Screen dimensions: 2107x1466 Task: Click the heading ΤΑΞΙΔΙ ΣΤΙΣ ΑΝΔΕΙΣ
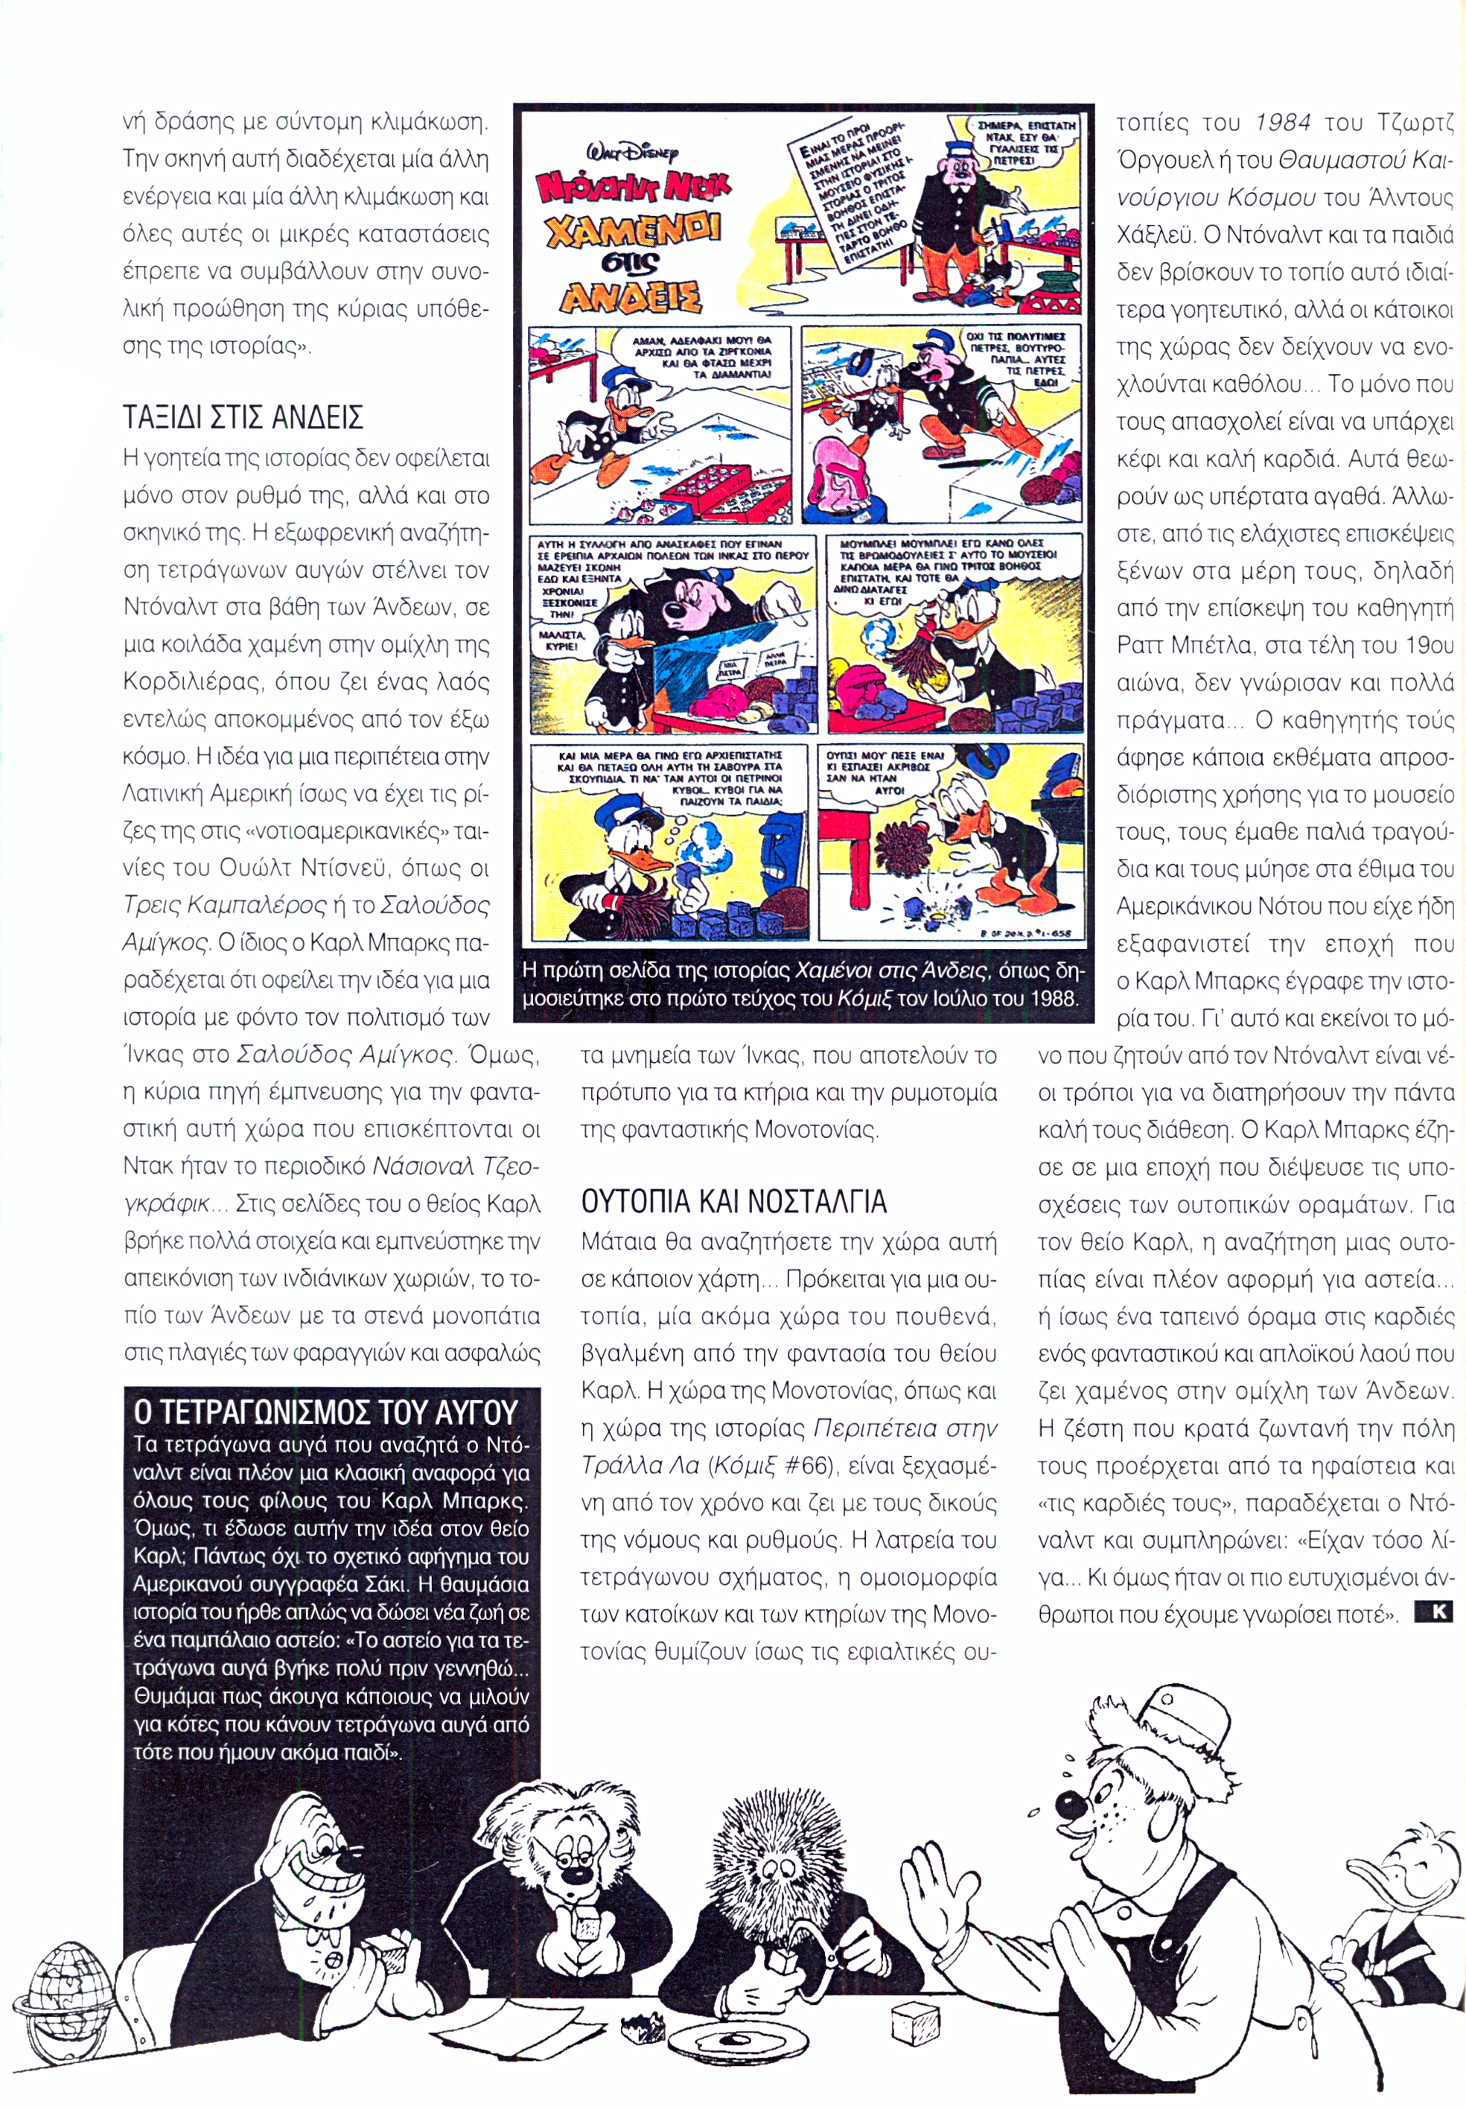(243, 418)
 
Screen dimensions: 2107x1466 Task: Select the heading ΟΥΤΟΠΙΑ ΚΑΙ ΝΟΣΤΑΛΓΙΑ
(734, 1201)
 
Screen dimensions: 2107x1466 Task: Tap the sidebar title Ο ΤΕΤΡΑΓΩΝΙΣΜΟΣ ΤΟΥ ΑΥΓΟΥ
(325, 1411)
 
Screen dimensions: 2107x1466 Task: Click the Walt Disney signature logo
(632, 154)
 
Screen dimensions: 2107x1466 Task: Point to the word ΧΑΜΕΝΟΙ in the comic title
(632, 229)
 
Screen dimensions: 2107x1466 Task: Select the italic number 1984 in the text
(1281, 123)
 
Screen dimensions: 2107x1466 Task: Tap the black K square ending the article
(1433, 1610)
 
